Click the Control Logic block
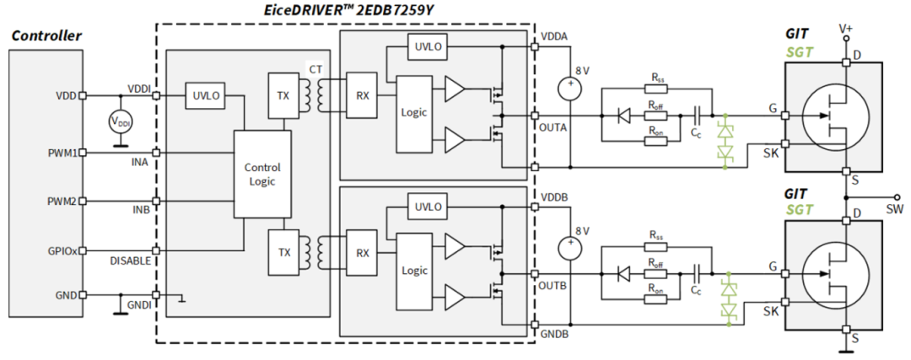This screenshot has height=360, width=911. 262,175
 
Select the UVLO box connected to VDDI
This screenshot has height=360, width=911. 205,96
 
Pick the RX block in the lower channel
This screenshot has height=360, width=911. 363,253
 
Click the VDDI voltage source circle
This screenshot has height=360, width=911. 121,122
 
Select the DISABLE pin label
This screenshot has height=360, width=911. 131,261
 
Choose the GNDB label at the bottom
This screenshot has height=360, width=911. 555,335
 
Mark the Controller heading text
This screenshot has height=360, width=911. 46,36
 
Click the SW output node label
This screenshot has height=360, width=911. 897,207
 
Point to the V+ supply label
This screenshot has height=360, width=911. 846,27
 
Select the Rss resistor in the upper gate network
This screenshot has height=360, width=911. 655,89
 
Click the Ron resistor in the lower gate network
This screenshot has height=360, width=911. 655,298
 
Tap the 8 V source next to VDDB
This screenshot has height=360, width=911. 572,248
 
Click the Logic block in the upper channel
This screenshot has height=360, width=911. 413,112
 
